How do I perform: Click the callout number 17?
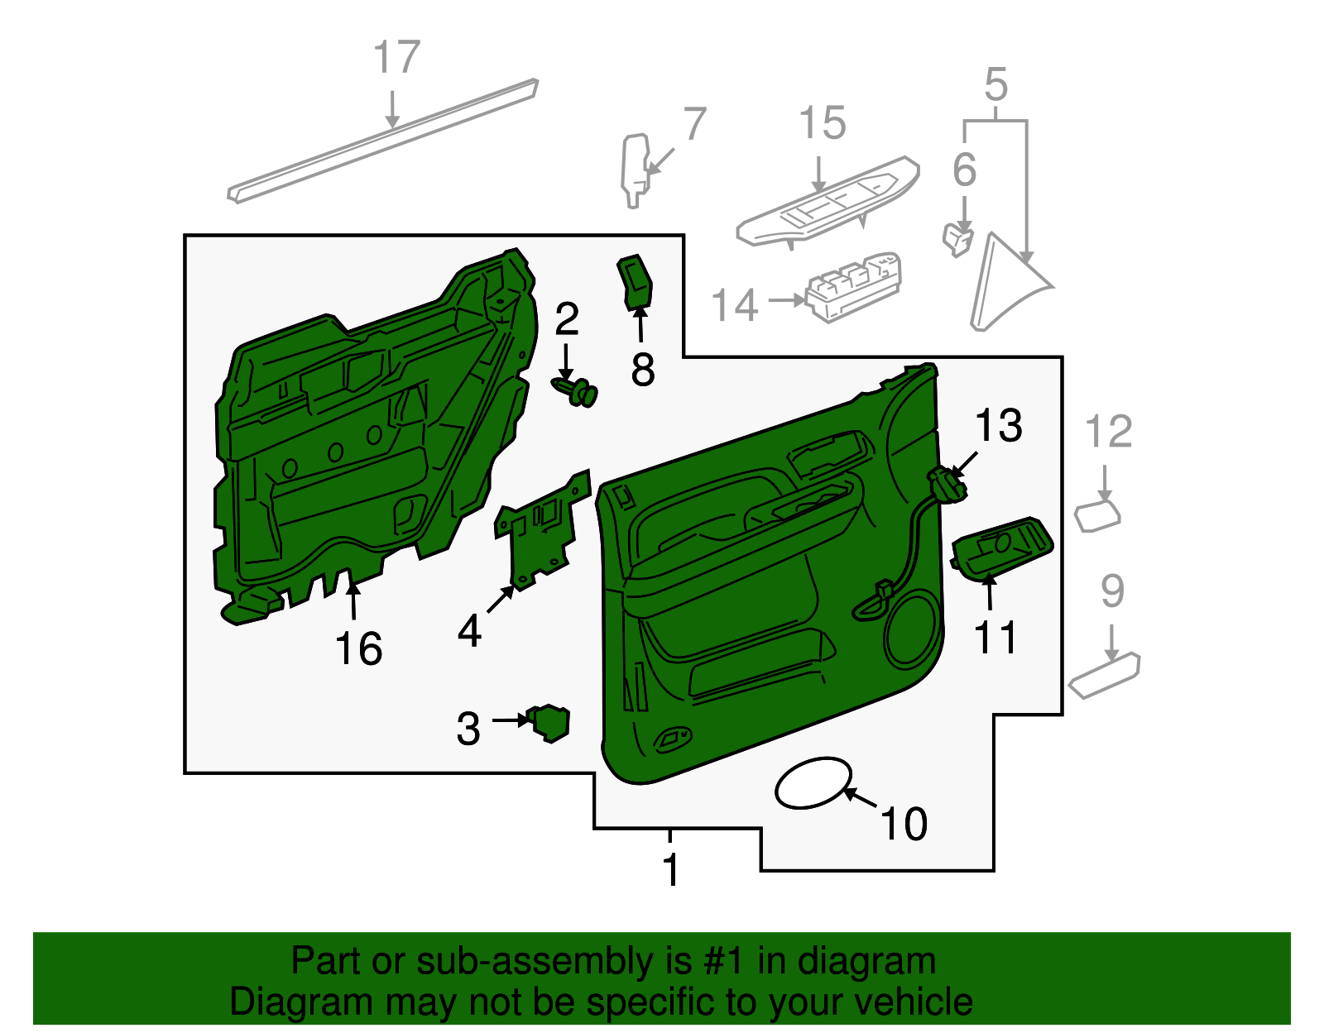point(396,58)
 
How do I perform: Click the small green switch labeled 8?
point(636,283)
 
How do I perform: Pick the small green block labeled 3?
point(549,721)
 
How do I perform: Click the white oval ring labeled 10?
point(813,782)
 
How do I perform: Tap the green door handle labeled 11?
point(1001,548)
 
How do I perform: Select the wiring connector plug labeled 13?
point(947,484)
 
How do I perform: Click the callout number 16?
point(358,648)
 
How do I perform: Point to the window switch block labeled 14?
point(853,286)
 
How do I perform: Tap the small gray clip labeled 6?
point(957,238)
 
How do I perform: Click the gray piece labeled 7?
point(634,170)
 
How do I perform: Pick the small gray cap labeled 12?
point(1097,515)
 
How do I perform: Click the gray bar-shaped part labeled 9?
point(1104,675)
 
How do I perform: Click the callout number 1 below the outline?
point(670,870)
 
